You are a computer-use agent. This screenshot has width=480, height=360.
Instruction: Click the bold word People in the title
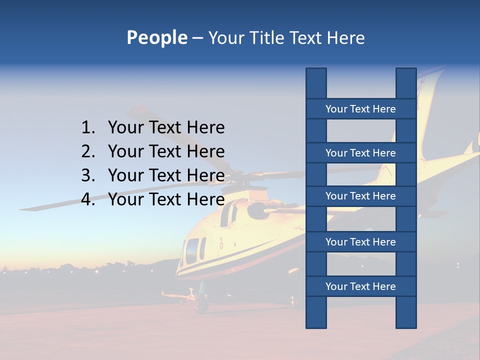tap(156, 37)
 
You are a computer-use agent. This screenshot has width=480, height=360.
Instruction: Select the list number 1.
tap(88, 128)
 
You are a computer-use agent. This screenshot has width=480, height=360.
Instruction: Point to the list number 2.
tap(88, 151)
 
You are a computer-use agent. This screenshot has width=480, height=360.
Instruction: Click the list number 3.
tap(88, 175)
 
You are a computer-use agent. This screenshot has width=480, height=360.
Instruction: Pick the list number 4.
tap(88, 199)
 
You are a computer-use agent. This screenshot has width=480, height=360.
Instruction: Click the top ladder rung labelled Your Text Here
tap(360, 108)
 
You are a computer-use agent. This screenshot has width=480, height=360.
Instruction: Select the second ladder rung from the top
tap(360, 152)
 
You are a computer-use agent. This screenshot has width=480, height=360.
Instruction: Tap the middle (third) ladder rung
tap(360, 196)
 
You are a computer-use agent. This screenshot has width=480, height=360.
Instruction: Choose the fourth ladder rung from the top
tap(360, 242)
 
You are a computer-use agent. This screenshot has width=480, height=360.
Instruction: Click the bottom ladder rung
tap(360, 286)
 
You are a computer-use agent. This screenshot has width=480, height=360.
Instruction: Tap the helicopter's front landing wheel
tap(201, 303)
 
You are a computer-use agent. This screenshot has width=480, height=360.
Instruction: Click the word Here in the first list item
tap(205, 128)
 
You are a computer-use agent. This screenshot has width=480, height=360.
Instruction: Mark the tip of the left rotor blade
tap(22, 207)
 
